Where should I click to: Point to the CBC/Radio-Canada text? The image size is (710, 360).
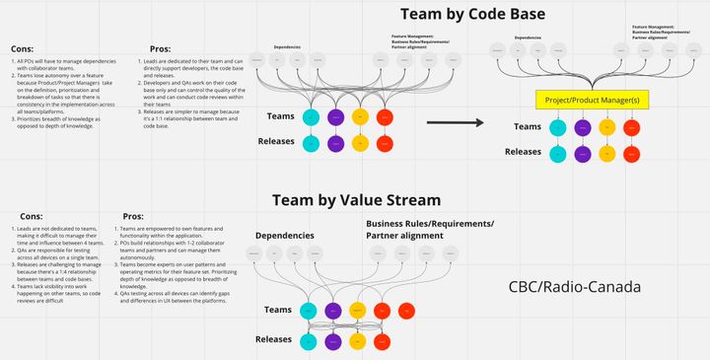click(x=575, y=288)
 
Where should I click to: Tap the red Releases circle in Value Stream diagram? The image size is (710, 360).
click(x=384, y=341)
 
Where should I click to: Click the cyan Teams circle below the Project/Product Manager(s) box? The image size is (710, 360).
click(x=557, y=127)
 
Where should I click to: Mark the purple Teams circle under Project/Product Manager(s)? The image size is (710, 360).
click(x=582, y=127)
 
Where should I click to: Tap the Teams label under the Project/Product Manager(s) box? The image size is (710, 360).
click(x=528, y=126)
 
